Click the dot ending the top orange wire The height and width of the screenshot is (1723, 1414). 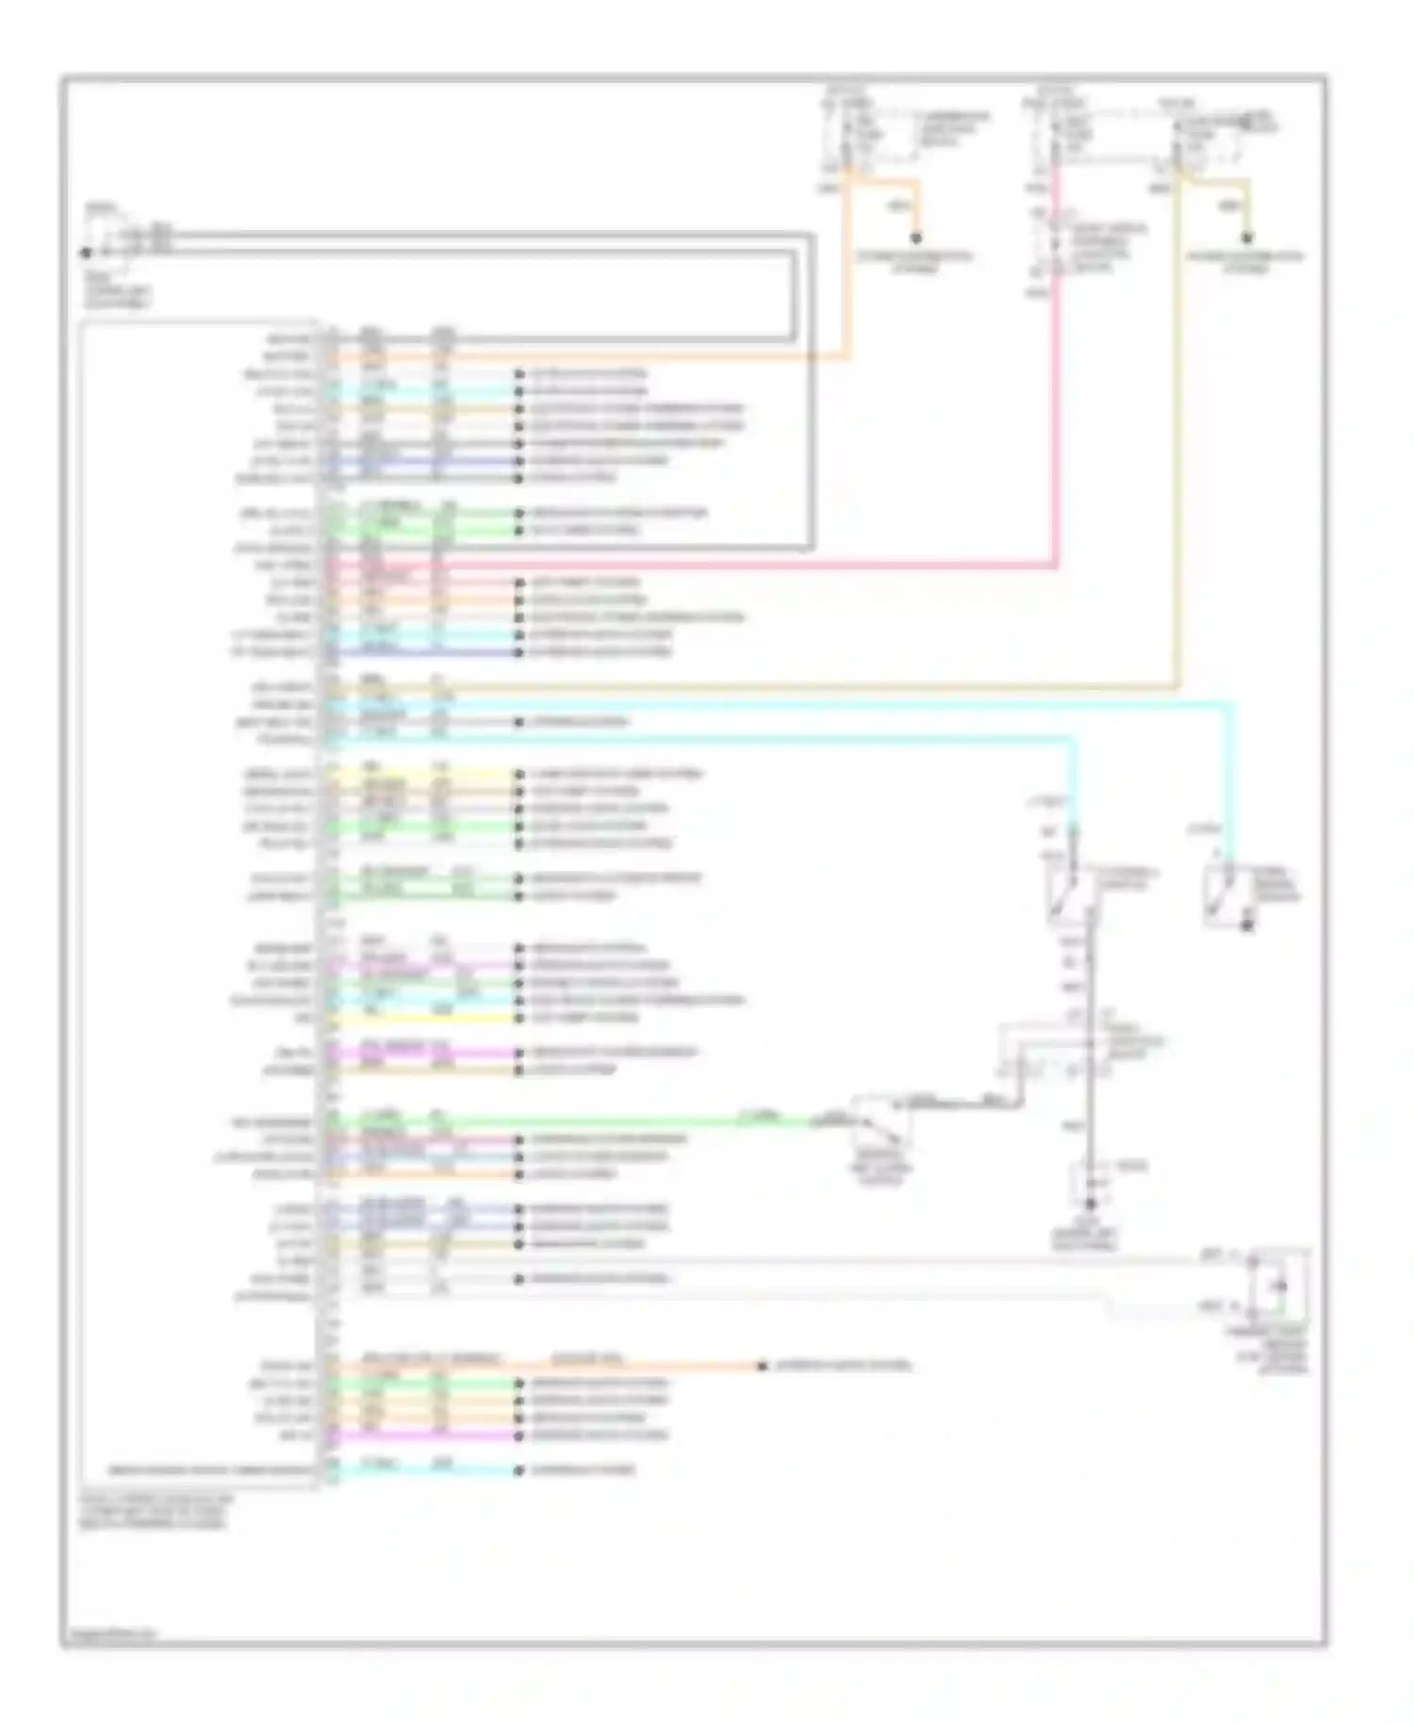coord(915,238)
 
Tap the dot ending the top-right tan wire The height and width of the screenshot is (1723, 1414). coord(1248,238)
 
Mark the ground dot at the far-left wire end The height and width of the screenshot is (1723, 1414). coord(86,253)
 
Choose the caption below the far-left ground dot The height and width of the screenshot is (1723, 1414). coord(117,288)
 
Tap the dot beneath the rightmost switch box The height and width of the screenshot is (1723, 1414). coord(1246,927)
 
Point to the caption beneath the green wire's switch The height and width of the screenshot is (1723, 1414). coord(880,1167)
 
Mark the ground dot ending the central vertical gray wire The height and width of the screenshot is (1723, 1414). coord(1090,1205)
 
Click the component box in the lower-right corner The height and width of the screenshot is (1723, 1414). coord(1277,1284)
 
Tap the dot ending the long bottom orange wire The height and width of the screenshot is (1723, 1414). coord(762,1365)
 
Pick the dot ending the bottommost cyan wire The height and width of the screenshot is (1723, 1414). coord(518,1470)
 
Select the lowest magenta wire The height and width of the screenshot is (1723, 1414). coord(424,1436)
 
